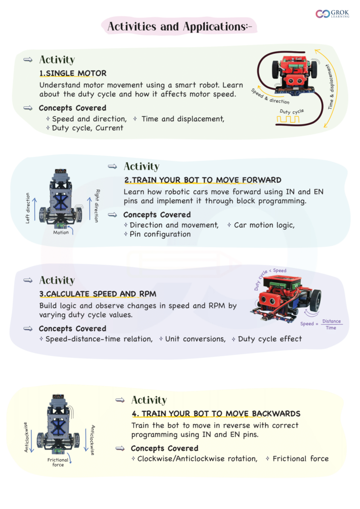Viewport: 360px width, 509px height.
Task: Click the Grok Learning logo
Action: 332,13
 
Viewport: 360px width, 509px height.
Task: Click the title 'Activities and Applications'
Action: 180,27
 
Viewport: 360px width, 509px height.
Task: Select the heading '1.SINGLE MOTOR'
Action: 73,74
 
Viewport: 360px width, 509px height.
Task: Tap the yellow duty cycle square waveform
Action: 288,119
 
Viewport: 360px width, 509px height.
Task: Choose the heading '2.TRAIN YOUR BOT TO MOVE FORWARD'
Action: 203,180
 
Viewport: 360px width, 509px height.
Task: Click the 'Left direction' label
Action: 27,208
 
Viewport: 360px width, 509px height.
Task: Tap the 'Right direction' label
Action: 97,206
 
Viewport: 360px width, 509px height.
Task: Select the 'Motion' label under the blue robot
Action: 61,233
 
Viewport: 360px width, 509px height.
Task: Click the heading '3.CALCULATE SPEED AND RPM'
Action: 98,294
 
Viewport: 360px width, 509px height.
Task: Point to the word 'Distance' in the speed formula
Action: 332,321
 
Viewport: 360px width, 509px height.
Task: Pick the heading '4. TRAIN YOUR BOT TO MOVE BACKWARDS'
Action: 216,414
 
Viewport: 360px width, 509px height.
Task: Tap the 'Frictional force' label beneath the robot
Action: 58,462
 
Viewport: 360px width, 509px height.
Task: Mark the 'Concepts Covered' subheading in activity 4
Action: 165,448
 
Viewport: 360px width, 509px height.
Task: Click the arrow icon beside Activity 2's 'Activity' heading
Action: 112,167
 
